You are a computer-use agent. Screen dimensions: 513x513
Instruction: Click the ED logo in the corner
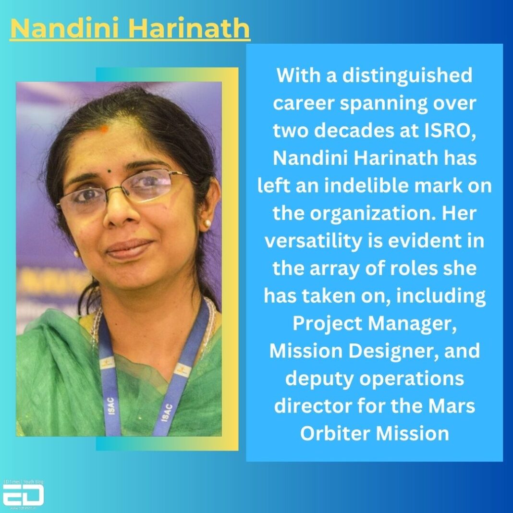click(23, 495)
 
